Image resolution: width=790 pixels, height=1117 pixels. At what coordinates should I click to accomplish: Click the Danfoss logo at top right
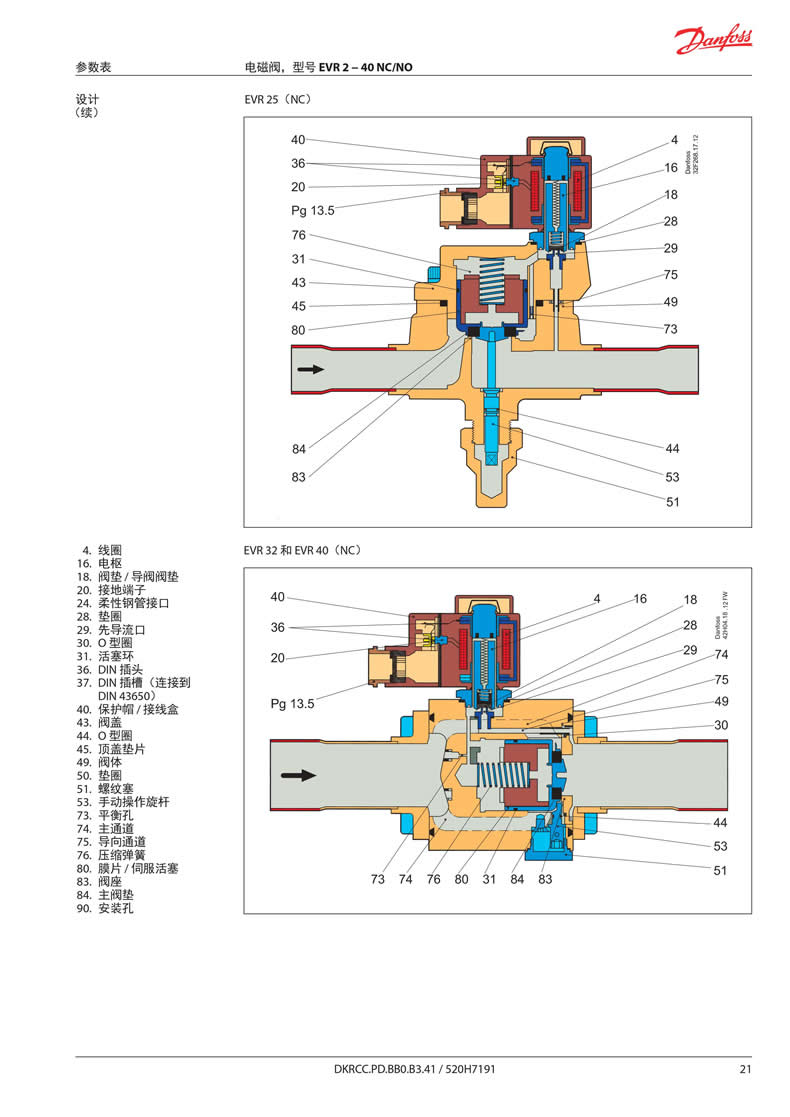[x=712, y=41]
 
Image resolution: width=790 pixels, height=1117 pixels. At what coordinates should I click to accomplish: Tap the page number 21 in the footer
[x=745, y=1070]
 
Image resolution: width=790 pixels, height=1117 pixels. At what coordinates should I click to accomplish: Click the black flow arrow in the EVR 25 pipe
[x=311, y=369]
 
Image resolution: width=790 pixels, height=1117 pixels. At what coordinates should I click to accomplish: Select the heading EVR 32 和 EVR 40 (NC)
[x=302, y=550]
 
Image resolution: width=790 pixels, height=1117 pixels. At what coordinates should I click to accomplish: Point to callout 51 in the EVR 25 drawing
[x=673, y=502]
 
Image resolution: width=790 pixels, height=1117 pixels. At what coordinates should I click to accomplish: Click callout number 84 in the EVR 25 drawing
[x=298, y=449]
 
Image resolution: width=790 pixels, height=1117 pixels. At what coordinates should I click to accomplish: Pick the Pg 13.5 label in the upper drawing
[x=313, y=211]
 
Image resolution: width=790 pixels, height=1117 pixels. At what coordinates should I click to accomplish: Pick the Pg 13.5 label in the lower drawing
[x=293, y=703]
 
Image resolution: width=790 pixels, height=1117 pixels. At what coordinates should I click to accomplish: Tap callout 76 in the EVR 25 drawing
[x=298, y=235]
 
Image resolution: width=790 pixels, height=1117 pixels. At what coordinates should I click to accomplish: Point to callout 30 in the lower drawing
[x=721, y=725]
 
